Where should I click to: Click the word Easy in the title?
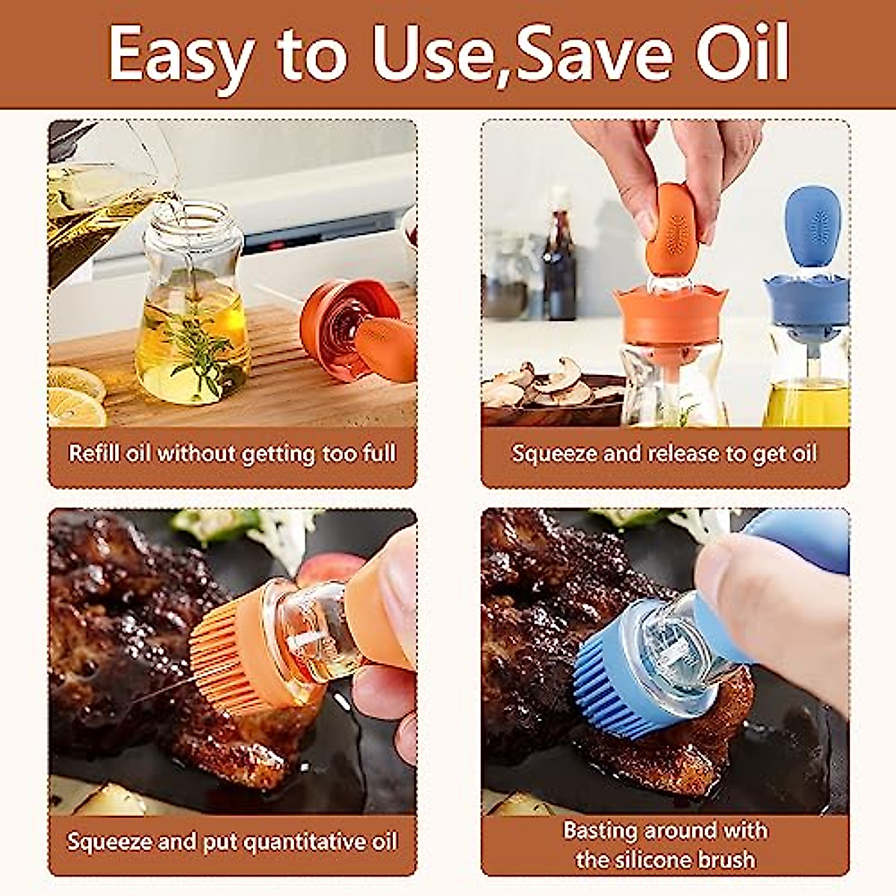(179, 54)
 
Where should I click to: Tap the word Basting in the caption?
(600, 830)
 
